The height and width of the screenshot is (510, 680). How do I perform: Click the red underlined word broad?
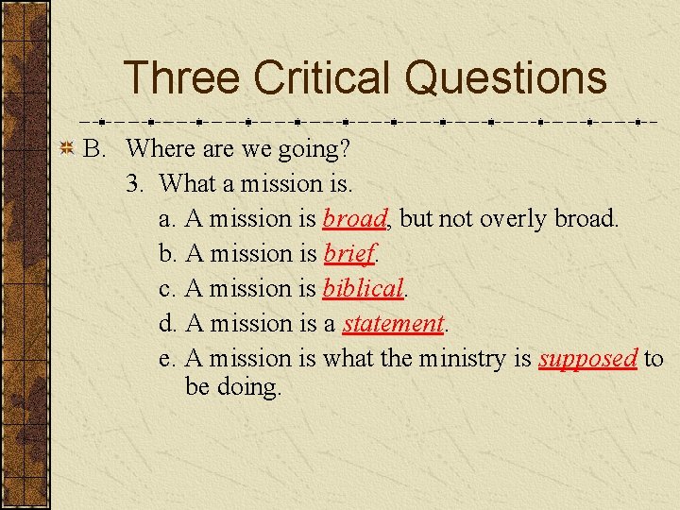coord(354,218)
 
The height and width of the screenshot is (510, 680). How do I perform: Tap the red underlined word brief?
coord(349,253)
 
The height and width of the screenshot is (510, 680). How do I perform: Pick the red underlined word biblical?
coord(363,288)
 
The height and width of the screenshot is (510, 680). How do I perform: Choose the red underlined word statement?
coord(392,323)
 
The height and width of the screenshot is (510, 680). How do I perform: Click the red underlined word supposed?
coord(587,359)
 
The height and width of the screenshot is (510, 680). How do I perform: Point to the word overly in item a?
coord(514,219)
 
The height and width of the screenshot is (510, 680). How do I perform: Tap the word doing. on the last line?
coord(247,388)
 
